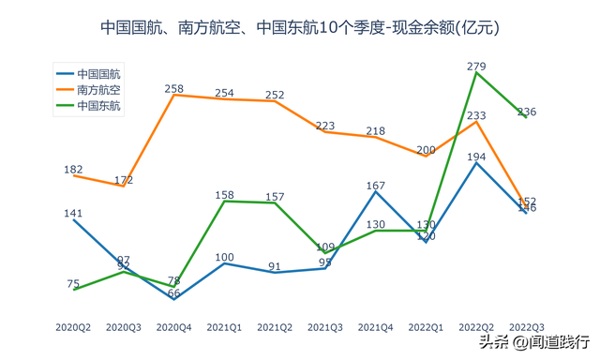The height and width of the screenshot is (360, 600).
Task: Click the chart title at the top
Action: point(300,28)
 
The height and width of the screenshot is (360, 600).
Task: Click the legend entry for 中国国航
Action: point(104,73)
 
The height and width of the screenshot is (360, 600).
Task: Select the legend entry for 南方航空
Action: point(104,90)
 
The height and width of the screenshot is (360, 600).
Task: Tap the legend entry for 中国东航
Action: point(104,106)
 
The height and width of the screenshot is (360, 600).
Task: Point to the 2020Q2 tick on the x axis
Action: point(73,327)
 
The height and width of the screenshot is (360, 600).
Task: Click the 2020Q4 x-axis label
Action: point(173,327)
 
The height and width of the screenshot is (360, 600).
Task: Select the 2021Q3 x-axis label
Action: point(324,327)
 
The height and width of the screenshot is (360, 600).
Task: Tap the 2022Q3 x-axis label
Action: point(526,327)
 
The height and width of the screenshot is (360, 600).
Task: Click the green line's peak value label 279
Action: point(476,66)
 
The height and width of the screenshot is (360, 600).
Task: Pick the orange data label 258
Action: point(174,88)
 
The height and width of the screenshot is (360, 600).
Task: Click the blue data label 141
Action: point(73,213)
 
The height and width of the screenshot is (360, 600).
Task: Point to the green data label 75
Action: point(73,283)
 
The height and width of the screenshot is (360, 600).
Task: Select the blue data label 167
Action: point(376,186)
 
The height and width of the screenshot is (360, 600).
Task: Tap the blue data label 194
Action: point(476,157)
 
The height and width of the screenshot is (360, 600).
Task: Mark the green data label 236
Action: point(526,112)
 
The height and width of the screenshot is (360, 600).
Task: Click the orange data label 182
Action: point(73,170)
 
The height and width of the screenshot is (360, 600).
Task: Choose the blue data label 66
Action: point(174,293)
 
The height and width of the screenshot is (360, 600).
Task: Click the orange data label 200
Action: point(426,150)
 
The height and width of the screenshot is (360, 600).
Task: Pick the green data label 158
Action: point(225,195)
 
